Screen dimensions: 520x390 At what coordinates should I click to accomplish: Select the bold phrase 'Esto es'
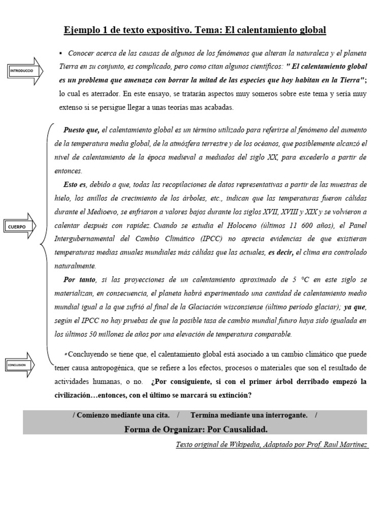click(x=75, y=184)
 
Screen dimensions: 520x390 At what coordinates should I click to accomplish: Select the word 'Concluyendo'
click(x=89, y=354)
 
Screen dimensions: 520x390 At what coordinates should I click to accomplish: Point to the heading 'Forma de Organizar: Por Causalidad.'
click(x=196, y=430)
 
